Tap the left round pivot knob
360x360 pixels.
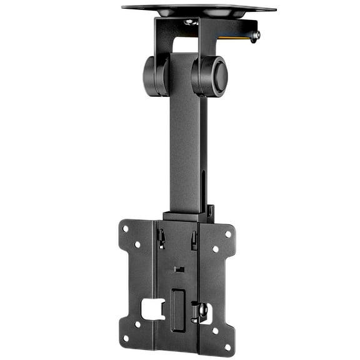pos(155,76)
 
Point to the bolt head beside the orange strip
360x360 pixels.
pos(255,36)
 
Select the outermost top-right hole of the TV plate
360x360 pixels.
pos(228,234)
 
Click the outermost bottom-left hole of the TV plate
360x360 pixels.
pos(126,338)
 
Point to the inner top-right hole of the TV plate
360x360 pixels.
pos(216,249)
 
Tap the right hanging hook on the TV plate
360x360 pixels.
pos(194,239)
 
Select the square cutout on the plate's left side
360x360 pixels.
pos(152,307)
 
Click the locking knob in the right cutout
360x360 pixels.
pos(202,311)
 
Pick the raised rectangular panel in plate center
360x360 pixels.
pos(178,309)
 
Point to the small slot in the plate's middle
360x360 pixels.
pos(179,269)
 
